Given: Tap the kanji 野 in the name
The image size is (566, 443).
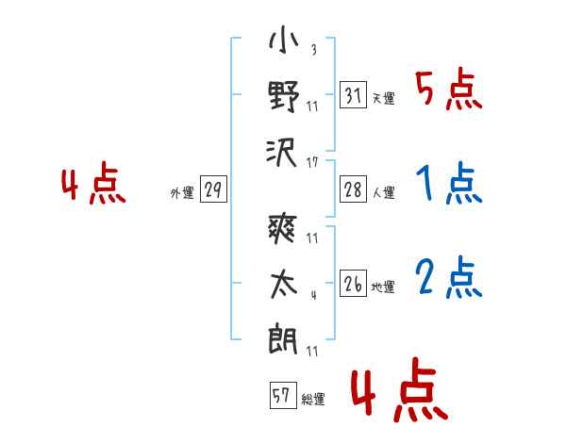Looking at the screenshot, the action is click(x=284, y=97).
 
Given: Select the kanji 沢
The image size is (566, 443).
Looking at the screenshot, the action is click(x=282, y=153).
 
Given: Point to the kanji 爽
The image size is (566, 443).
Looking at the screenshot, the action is click(x=283, y=228).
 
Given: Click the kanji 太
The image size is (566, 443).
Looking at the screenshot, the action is click(x=284, y=285).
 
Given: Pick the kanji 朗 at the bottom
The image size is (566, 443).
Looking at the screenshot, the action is click(x=283, y=340).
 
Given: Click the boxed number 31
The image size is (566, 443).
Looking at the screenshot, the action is click(x=353, y=95).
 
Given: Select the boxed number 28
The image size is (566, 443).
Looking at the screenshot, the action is click(x=353, y=189).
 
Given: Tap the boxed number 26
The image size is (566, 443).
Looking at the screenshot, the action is click(x=353, y=283).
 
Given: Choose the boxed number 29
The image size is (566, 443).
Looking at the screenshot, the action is click(x=213, y=189).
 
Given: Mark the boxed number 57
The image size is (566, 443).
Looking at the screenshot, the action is click(x=283, y=395).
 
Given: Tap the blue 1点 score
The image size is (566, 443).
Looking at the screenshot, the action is click(x=449, y=183).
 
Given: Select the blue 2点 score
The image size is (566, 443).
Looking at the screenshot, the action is click(x=449, y=278).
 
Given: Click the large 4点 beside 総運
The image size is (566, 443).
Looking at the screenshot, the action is click(x=400, y=389).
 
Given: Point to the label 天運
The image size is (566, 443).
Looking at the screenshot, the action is click(x=384, y=98).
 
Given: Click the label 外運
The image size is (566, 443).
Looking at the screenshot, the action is click(x=182, y=193).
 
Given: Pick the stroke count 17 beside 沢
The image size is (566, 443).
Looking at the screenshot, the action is click(x=312, y=162).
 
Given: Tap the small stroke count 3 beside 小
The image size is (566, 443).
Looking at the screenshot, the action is click(x=314, y=49).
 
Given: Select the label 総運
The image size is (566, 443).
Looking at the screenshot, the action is click(x=313, y=400).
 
